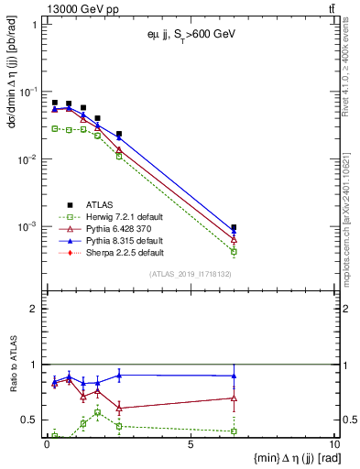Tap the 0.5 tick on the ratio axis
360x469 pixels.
click(32, 420)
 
